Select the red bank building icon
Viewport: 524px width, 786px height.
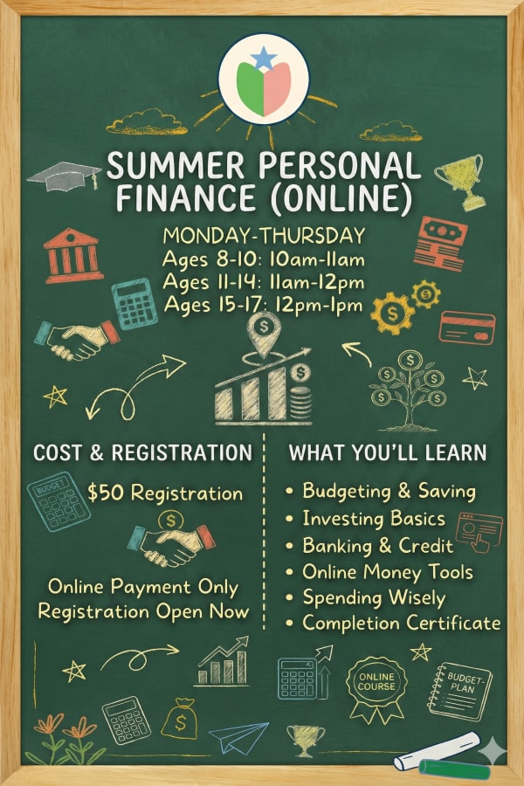pos(73,254)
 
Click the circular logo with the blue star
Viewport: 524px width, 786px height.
pos(263,79)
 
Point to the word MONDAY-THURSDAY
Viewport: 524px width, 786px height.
pos(263,237)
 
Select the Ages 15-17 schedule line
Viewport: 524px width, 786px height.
pos(263,306)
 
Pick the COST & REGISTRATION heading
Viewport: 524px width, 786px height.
pos(141,452)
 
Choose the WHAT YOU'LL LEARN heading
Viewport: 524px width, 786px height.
pos(388,452)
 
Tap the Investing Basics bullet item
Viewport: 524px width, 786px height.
pos(374,519)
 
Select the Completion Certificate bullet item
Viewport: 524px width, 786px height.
pos(402,623)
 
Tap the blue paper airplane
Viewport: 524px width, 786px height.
pos(238,736)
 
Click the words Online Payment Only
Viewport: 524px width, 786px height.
pos(143,587)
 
